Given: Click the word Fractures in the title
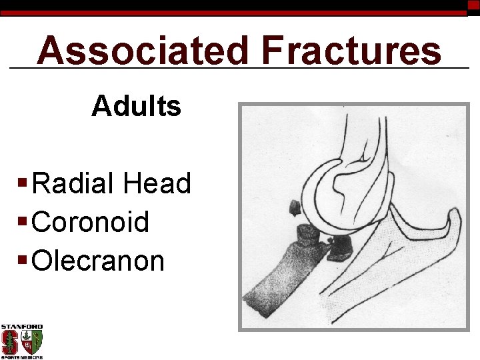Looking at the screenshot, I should click(351, 51).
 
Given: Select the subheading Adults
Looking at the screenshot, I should click(136, 105).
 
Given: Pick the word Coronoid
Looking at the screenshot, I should click(91, 222).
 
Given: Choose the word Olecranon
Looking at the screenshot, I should click(98, 261).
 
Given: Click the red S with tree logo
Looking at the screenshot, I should click(10, 343).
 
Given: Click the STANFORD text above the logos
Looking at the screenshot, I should click(21, 327).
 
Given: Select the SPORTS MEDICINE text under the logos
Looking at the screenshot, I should click(21, 357).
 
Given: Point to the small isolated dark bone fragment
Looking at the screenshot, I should click(293, 208).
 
